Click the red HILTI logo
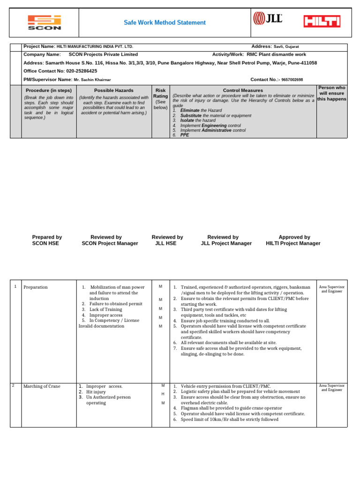[322, 21]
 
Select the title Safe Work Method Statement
[164, 22]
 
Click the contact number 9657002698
[292, 80]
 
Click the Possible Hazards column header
[113, 90]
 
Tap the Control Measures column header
[243, 90]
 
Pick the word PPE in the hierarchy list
[185, 135]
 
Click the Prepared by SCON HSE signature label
[47, 240]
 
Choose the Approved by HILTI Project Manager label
[293, 240]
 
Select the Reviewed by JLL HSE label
[167, 240]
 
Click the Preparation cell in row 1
[36, 287]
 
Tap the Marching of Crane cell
[42, 386]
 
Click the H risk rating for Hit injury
[163, 394]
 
